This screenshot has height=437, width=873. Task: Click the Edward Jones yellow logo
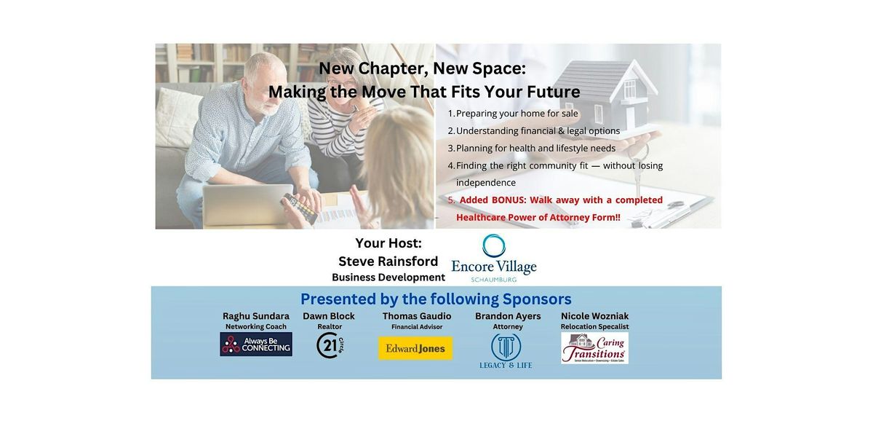415,348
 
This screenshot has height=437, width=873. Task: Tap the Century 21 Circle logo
330,345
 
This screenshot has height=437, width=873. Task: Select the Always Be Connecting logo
256,345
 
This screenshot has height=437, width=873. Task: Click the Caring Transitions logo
594,348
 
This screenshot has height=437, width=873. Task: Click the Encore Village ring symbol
494,245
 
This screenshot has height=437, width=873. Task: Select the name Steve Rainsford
388,261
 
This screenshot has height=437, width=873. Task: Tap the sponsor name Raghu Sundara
256,316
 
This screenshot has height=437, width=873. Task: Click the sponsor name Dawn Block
329,316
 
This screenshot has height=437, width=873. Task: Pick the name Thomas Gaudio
417,316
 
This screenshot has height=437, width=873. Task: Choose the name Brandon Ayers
508,316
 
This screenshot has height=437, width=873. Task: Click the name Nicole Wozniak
594,316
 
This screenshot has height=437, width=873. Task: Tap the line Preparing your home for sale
517,114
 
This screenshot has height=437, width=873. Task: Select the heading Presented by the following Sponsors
436,299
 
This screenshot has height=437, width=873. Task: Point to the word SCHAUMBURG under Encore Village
494,279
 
